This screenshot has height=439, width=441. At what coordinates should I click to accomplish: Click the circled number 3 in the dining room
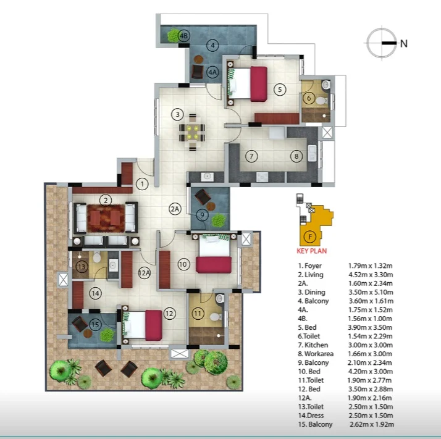tap(177, 114)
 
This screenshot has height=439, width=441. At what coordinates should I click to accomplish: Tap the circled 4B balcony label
tap(184, 36)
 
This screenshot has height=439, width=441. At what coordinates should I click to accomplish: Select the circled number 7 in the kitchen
tap(251, 156)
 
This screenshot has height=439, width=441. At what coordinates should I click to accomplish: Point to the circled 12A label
tap(145, 273)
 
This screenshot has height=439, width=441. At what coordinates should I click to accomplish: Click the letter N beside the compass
tap(404, 43)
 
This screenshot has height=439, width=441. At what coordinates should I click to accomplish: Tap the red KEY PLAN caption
tap(312, 251)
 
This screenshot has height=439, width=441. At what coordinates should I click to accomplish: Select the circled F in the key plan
tap(310, 237)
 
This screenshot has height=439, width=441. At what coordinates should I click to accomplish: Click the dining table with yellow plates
tap(193, 132)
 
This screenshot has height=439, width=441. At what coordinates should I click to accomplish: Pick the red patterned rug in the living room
tap(106, 218)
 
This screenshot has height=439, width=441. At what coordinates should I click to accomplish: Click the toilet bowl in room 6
tap(321, 101)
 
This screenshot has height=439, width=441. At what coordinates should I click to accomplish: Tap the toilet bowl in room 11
tap(216, 317)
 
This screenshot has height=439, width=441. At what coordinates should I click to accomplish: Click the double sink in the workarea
tap(312, 153)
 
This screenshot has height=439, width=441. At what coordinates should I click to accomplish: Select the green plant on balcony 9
tap(219, 220)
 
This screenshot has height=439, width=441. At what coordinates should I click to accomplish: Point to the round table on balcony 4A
tap(199, 59)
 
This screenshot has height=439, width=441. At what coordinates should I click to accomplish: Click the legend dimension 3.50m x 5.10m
tap(371, 292)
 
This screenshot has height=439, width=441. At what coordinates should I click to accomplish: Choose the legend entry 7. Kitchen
tap(313, 345)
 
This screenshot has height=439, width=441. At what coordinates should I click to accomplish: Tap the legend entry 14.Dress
tap(311, 416)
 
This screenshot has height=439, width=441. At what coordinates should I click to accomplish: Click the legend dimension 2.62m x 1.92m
tap(372, 424)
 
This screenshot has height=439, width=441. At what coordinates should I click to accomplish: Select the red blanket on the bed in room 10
tap(214, 265)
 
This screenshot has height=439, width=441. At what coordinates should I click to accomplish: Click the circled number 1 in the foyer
tap(142, 184)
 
